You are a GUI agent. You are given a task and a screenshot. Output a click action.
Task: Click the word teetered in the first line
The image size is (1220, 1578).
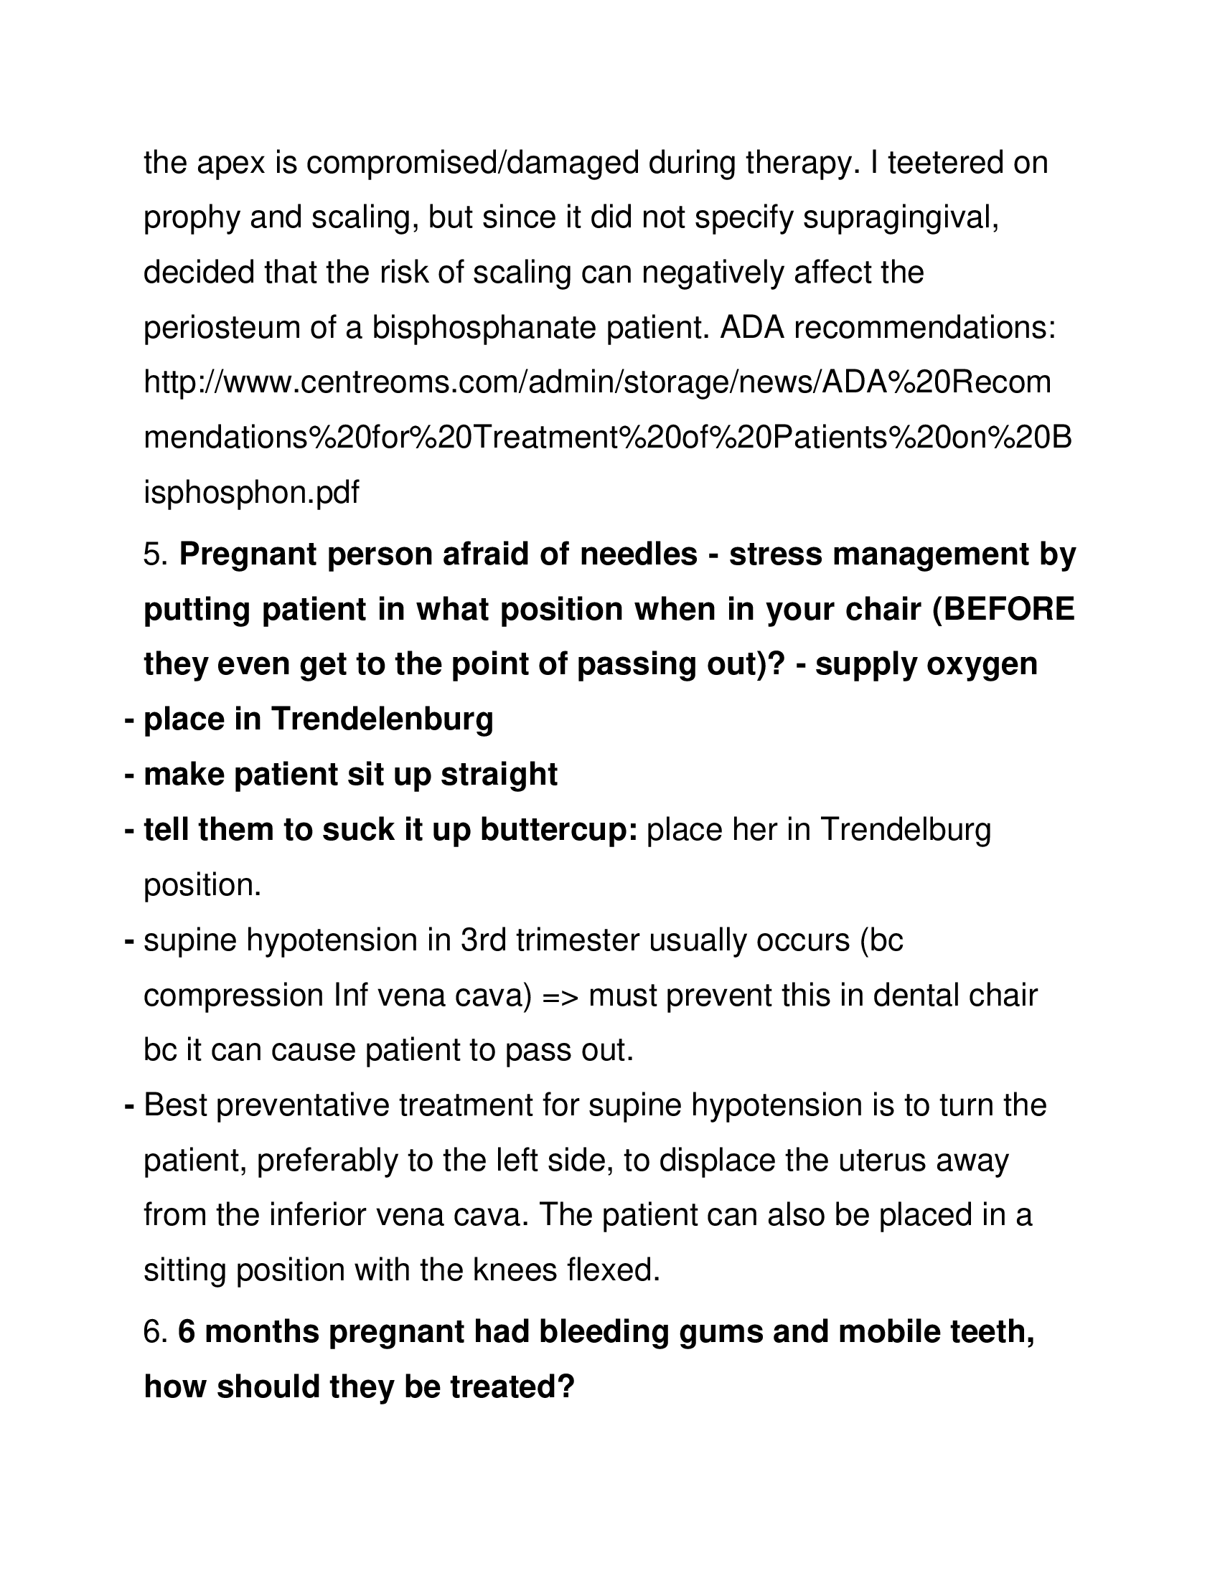943,163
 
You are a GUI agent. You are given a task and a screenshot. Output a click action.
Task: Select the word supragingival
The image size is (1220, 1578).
901,217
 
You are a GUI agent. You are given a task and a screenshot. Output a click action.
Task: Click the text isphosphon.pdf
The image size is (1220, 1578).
250,493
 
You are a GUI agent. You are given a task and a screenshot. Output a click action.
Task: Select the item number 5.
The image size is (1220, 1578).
156,555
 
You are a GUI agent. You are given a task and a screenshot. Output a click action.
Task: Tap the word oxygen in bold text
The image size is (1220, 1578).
982,664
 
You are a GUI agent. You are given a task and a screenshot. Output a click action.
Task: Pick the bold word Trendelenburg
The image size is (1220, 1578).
383,719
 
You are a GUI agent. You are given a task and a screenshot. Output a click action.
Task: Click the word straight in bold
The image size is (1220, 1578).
499,775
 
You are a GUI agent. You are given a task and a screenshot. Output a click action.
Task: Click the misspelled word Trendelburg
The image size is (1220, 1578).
906,830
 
